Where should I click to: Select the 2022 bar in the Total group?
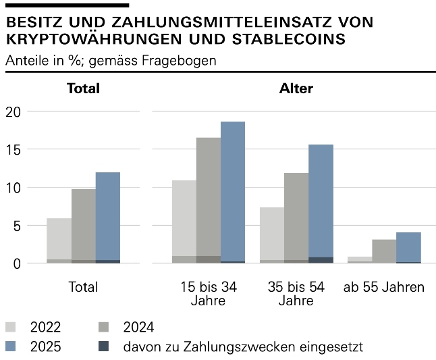point(59,240)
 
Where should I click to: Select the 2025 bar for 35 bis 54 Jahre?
point(321,203)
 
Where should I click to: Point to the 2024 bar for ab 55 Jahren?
point(384,251)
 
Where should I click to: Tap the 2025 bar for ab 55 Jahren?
point(408,247)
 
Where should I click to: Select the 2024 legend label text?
point(138,328)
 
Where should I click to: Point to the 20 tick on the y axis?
point(13,111)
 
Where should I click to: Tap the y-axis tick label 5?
point(18,226)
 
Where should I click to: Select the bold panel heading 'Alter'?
point(296,88)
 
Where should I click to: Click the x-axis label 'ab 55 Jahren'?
point(384,287)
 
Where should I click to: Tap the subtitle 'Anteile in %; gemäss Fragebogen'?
point(110,60)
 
